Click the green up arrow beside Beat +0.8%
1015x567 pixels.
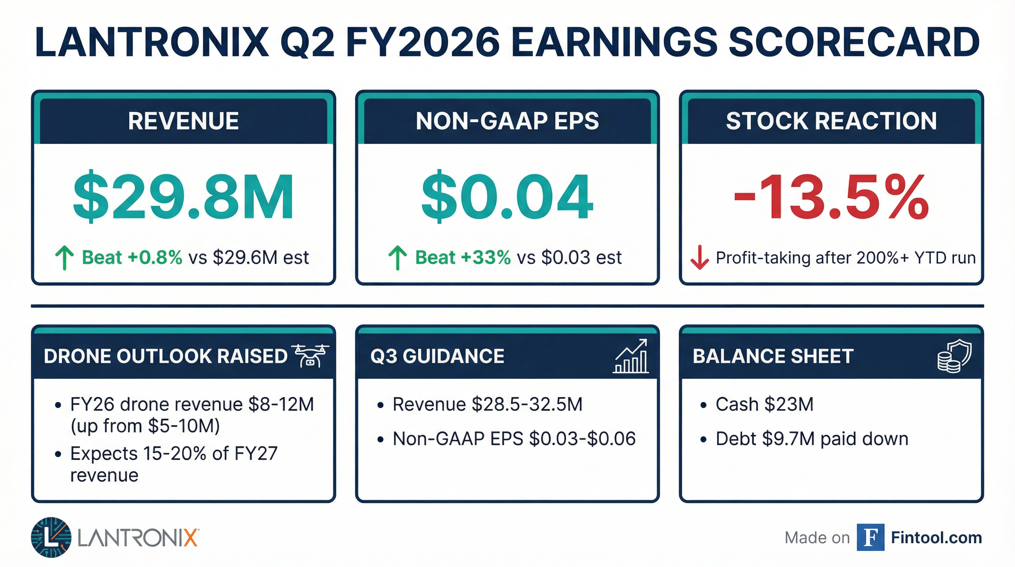(64, 258)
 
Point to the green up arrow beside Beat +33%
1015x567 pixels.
(398, 258)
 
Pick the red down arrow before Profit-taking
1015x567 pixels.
(700, 258)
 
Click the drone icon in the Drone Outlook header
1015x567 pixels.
(310, 355)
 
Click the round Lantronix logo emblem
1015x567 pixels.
(51, 537)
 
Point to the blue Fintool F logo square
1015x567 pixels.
(870, 537)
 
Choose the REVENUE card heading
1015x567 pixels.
(183, 121)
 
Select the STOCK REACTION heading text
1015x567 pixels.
(831, 121)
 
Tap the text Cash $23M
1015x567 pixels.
(765, 404)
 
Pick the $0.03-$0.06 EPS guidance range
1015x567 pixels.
(582, 439)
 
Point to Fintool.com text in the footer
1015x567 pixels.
(936, 537)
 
